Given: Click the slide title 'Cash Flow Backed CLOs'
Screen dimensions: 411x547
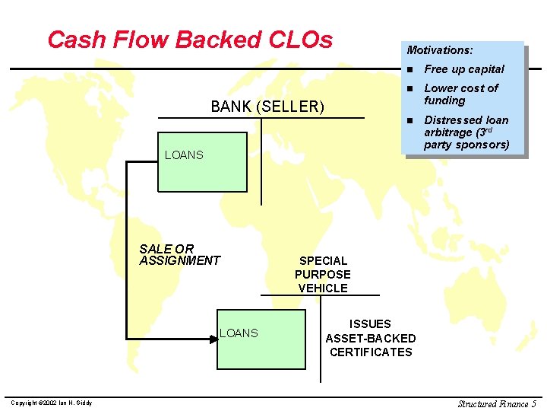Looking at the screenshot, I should [x=190, y=40].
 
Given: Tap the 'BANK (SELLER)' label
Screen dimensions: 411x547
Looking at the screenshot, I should [x=267, y=107].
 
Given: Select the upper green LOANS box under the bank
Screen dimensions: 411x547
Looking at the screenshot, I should [x=202, y=161].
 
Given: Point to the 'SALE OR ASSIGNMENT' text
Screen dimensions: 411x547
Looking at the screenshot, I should [x=179, y=255].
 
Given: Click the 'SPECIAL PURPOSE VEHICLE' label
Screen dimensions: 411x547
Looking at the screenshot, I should [x=323, y=274].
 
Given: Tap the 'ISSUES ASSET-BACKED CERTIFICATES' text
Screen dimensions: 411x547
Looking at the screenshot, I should [x=371, y=338].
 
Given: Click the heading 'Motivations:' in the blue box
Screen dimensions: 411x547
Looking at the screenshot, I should [x=440, y=50].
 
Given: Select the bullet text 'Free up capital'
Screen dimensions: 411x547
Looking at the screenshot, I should [x=464, y=69].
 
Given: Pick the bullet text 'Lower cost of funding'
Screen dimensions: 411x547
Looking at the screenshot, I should [x=460, y=94].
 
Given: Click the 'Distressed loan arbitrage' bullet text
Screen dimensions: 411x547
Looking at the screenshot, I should [x=466, y=132].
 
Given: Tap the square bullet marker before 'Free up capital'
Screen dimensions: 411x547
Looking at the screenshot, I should [x=409, y=70].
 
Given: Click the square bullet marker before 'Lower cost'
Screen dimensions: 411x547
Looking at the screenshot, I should [x=409, y=89].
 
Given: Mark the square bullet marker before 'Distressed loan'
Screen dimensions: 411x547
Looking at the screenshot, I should [x=409, y=121].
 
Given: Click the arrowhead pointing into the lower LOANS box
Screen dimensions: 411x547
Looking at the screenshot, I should [x=213, y=339].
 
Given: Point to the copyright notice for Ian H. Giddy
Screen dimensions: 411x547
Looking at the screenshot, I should [x=52, y=403].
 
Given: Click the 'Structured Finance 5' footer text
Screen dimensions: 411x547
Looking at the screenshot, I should [x=497, y=403].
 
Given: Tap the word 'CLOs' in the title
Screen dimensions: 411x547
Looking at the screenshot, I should [x=301, y=40].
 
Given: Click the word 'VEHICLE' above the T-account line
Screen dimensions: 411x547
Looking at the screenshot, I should [x=323, y=288].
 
